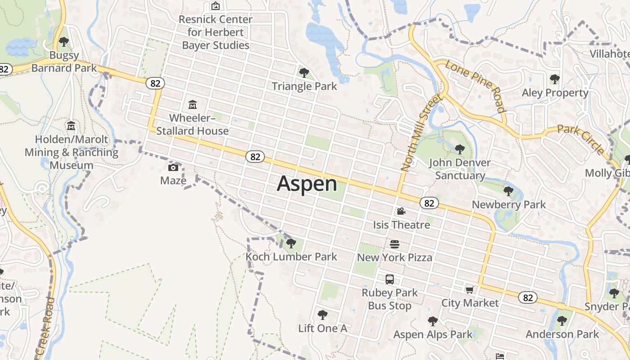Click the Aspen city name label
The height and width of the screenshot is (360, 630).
pos(307,184)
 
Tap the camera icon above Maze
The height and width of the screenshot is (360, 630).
pos(173,168)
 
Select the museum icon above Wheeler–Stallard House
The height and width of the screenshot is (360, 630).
pos(193,105)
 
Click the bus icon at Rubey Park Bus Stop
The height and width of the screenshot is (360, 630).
pos(390,279)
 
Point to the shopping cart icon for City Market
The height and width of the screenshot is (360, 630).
pos(469,290)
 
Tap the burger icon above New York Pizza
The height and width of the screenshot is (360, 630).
pos(395,244)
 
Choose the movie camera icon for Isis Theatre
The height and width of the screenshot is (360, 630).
pos(401,211)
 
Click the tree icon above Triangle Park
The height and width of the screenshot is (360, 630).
pos(304,72)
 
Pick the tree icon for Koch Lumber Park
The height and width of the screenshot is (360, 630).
pos(291,243)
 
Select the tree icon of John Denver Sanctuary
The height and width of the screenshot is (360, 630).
pos(459,149)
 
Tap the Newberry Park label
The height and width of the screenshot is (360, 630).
pos(508,205)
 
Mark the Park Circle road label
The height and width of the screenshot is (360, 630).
pos(581,139)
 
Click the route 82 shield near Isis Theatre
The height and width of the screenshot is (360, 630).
pos(429,203)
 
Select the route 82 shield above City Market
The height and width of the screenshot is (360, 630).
pos(527,297)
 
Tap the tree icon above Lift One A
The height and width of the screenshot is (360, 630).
pos(322,315)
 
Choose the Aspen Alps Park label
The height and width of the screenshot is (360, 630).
pos(433,334)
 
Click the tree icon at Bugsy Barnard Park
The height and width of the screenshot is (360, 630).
pos(64,42)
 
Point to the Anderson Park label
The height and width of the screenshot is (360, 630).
pos(562,334)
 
